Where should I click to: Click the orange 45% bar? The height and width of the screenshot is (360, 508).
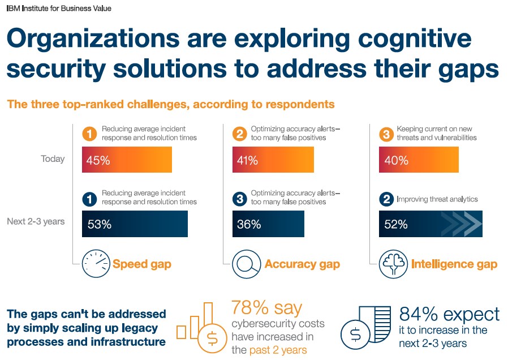[x=127, y=160]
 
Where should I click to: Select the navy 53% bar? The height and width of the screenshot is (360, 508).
[x=135, y=224]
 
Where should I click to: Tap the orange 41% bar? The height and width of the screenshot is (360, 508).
[x=273, y=160]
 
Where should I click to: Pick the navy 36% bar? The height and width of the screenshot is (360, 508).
[x=268, y=224]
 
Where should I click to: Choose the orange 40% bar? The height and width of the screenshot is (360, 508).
[x=419, y=160]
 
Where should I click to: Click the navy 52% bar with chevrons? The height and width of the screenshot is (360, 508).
[x=430, y=224]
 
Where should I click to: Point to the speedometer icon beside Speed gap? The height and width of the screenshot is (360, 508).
[x=96, y=263]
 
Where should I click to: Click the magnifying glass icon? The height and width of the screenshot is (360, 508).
[x=247, y=264]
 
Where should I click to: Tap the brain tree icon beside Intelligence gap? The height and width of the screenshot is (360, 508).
[x=393, y=264]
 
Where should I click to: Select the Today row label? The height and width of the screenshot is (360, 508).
[x=53, y=159]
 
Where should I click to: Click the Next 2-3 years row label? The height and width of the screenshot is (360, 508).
[x=36, y=222]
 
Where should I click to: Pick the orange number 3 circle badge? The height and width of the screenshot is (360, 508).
[x=386, y=134]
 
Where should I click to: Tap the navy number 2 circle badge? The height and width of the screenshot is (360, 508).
[x=386, y=199]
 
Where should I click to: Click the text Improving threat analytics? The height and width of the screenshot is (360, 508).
[x=437, y=199]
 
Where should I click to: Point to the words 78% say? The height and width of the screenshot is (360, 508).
[x=266, y=307]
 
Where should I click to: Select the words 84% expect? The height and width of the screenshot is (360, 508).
[x=449, y=314]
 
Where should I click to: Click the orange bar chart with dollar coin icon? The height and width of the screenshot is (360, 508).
[x=201, y=328]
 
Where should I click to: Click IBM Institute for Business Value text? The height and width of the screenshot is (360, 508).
[x=59, y=8]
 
